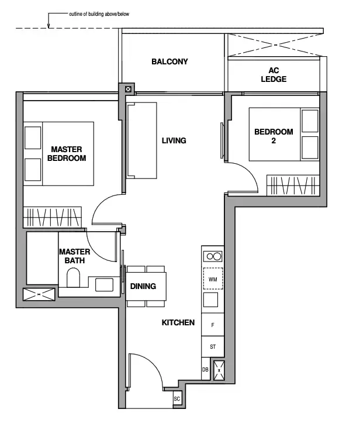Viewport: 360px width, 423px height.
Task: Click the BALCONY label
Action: [x=169, y=61]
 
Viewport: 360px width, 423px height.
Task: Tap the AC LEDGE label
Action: [x=274, y=75]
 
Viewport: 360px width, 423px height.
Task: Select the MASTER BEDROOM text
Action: [x=67, y=153]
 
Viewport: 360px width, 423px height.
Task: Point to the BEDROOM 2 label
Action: [x=274, y=136]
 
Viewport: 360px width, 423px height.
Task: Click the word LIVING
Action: [x=174, y=140]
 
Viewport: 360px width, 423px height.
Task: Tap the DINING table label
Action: [x=143, y=286]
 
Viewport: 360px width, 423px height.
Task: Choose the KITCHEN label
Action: [x=178, y=322]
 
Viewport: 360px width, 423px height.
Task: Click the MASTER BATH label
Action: [x=75, y=256]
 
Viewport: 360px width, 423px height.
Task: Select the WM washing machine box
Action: [x=213, y=278]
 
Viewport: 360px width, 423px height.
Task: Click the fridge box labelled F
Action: [x=213, y=325]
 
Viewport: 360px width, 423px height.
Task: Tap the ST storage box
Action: [x=213, y=347]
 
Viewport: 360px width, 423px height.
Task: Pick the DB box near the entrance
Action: [x=206, y=369]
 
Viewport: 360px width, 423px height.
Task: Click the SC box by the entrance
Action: [x=176, y=399]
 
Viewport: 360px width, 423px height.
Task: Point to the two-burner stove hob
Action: [x=213, y=256]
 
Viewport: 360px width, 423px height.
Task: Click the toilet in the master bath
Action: [x=73, y=277]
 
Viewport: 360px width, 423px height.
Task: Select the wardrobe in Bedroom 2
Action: [x=293, y=185]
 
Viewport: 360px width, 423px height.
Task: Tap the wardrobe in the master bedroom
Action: [x=52, y=217]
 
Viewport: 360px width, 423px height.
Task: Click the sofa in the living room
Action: [x=141, y=140]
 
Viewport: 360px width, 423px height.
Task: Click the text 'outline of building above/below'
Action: [x=99, y=14]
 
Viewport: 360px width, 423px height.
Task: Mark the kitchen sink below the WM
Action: [x=210, y=300]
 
